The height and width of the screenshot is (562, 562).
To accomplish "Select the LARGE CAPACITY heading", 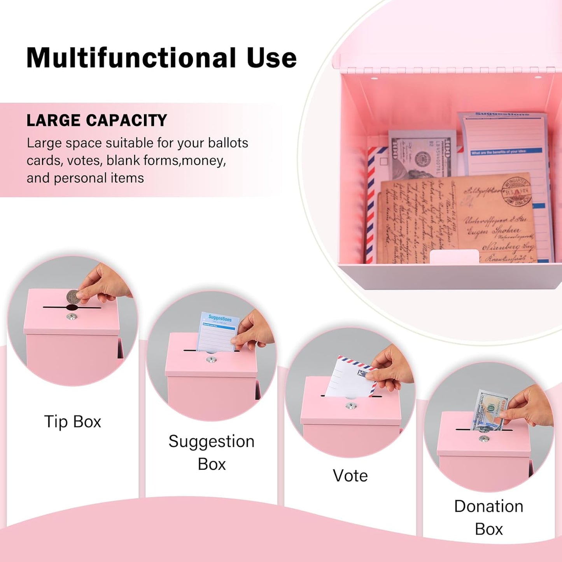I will point(96,121).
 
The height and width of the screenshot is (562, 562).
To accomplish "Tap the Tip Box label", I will point(73,422).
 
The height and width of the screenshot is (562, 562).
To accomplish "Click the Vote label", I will point(350,475).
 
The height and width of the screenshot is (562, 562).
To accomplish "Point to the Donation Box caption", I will point(489,517).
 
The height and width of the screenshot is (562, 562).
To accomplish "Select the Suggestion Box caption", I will point(211,452).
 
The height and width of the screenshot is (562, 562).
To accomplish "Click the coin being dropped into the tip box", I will point(73,296).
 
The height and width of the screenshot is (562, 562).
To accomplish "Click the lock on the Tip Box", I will point(72,317).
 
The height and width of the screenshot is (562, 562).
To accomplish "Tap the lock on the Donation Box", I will point(484,439).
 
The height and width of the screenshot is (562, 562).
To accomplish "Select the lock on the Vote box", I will point(351,406).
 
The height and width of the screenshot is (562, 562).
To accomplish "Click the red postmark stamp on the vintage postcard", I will point(516,191).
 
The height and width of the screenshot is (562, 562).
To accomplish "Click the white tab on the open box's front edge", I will point(454,256).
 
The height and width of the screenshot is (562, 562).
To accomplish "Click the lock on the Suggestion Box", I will point(211,360).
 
